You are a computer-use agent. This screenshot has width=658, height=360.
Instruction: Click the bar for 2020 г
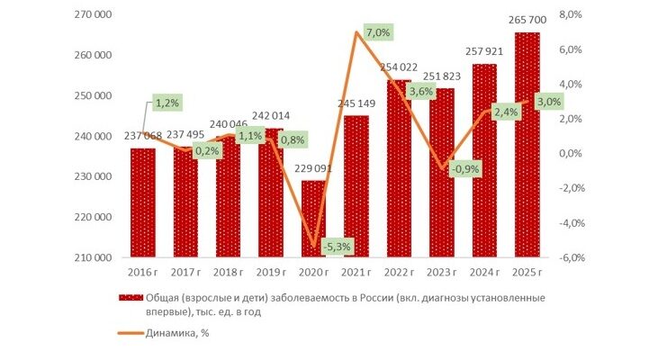313,219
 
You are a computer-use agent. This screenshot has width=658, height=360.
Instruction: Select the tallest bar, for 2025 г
527,145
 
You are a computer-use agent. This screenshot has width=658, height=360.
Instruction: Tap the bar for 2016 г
143,202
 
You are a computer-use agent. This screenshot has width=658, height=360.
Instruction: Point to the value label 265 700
527,20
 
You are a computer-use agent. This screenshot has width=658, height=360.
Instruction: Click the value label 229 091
313,168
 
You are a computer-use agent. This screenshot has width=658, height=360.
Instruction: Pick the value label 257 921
484,51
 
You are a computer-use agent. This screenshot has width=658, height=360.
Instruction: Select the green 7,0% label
378,32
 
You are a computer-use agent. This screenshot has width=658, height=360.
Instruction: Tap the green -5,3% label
338,247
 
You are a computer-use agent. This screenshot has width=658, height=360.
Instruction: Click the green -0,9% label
465,169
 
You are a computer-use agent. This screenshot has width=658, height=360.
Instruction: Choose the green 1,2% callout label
167,103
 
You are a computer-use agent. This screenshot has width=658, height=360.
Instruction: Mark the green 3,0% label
549,102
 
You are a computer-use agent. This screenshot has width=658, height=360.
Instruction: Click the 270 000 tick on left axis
93,14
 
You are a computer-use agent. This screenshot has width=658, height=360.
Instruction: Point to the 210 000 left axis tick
93,257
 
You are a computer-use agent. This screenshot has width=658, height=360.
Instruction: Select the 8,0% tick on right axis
571,14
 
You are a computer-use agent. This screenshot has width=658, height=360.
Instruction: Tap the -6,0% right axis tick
571,257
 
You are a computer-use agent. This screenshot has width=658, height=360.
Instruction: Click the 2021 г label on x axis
356,273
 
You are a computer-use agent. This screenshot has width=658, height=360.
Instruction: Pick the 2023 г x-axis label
442,273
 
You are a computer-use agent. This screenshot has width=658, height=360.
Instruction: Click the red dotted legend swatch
131,298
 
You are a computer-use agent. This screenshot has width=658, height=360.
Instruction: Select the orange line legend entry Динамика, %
164,333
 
